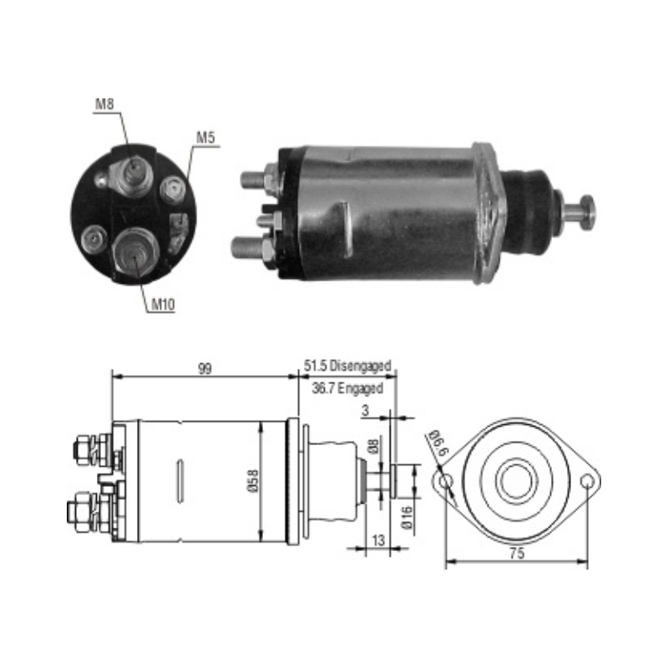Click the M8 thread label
(104, 104)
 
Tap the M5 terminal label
(205, 137)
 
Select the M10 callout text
(163, 304)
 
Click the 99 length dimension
(205, 368)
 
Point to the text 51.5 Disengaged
(347, 366)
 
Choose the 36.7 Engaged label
(347, 388)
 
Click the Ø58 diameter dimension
(253, 481)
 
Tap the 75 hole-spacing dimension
(516, 554)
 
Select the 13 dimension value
(378, 540)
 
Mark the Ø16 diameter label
(407, 518)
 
